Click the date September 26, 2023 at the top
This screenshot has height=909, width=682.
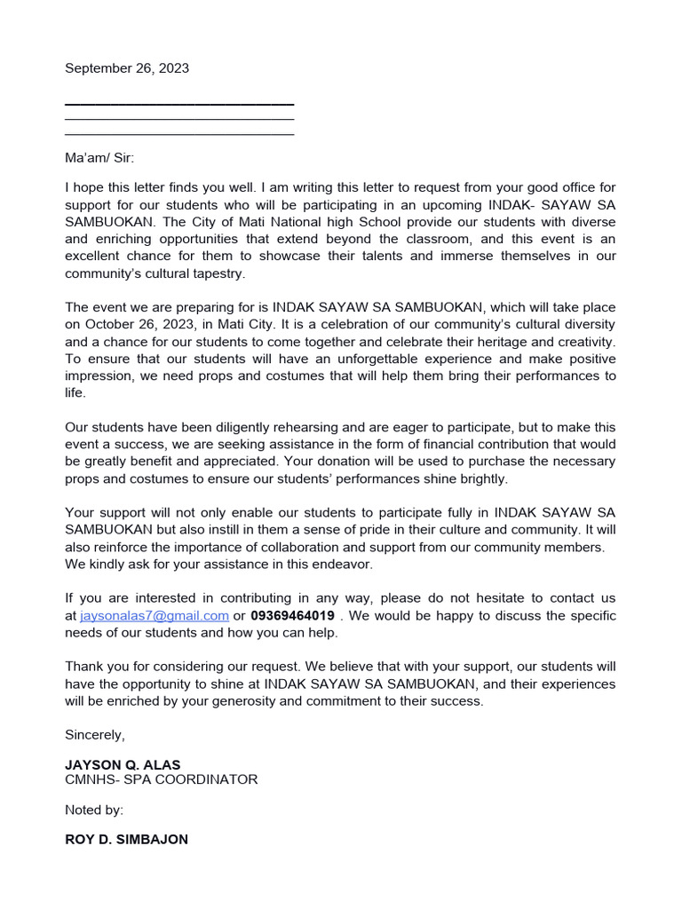(x=127, y=68)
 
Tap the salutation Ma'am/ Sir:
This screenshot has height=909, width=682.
(x=99, y=158)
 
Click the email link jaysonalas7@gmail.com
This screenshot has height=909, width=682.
(x=155, y=615)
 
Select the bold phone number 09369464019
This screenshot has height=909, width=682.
(x=293, y=615)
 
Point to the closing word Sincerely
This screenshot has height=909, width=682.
(x=95, y=734)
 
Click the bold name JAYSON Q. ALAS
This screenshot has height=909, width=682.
(x=123, y=763)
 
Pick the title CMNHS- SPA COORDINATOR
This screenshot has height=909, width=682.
(x=162, y=779)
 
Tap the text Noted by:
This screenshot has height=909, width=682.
(x=94, y=810)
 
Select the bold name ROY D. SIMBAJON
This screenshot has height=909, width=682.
(x=126, y=839)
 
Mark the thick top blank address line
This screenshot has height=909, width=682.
(x=179, y=104)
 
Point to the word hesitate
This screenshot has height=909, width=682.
(x=492, y=598)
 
